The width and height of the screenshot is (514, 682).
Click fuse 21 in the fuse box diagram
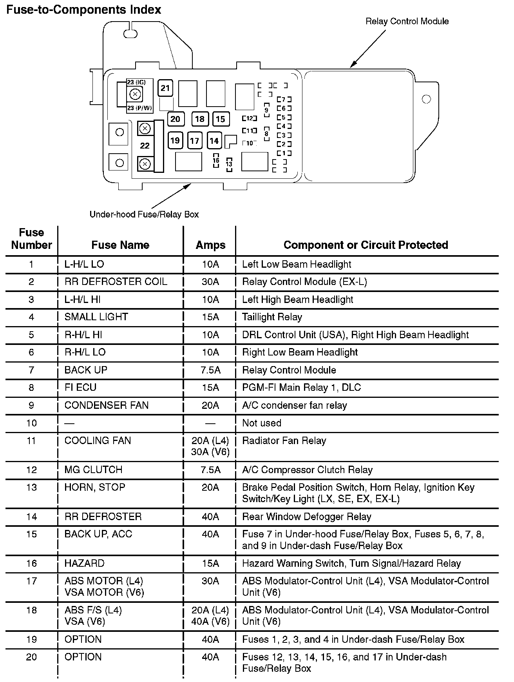165,88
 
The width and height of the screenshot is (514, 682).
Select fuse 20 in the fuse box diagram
175,119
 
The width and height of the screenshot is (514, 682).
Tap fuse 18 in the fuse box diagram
199,119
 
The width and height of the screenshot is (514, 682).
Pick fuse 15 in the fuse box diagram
221,119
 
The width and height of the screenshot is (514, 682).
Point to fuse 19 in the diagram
175,140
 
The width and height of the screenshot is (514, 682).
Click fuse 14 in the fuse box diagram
214,140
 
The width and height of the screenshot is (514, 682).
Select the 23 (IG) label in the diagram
136,82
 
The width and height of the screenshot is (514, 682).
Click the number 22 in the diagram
145,146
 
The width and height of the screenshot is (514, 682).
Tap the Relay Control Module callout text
407,21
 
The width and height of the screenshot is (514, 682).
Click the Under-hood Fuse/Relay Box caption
144,214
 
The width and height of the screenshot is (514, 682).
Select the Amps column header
210,245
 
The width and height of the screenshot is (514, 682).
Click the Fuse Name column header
120,245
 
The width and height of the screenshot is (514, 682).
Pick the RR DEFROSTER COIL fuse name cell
116,282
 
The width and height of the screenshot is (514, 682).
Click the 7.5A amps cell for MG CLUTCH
210,470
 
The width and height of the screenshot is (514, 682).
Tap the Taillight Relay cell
272,317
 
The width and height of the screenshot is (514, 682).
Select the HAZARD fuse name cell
84,563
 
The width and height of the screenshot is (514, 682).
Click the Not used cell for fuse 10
262,423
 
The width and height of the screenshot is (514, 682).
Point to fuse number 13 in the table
31,487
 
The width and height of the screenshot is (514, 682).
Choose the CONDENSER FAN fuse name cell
106,405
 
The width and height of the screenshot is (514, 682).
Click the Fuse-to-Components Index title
83,9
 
